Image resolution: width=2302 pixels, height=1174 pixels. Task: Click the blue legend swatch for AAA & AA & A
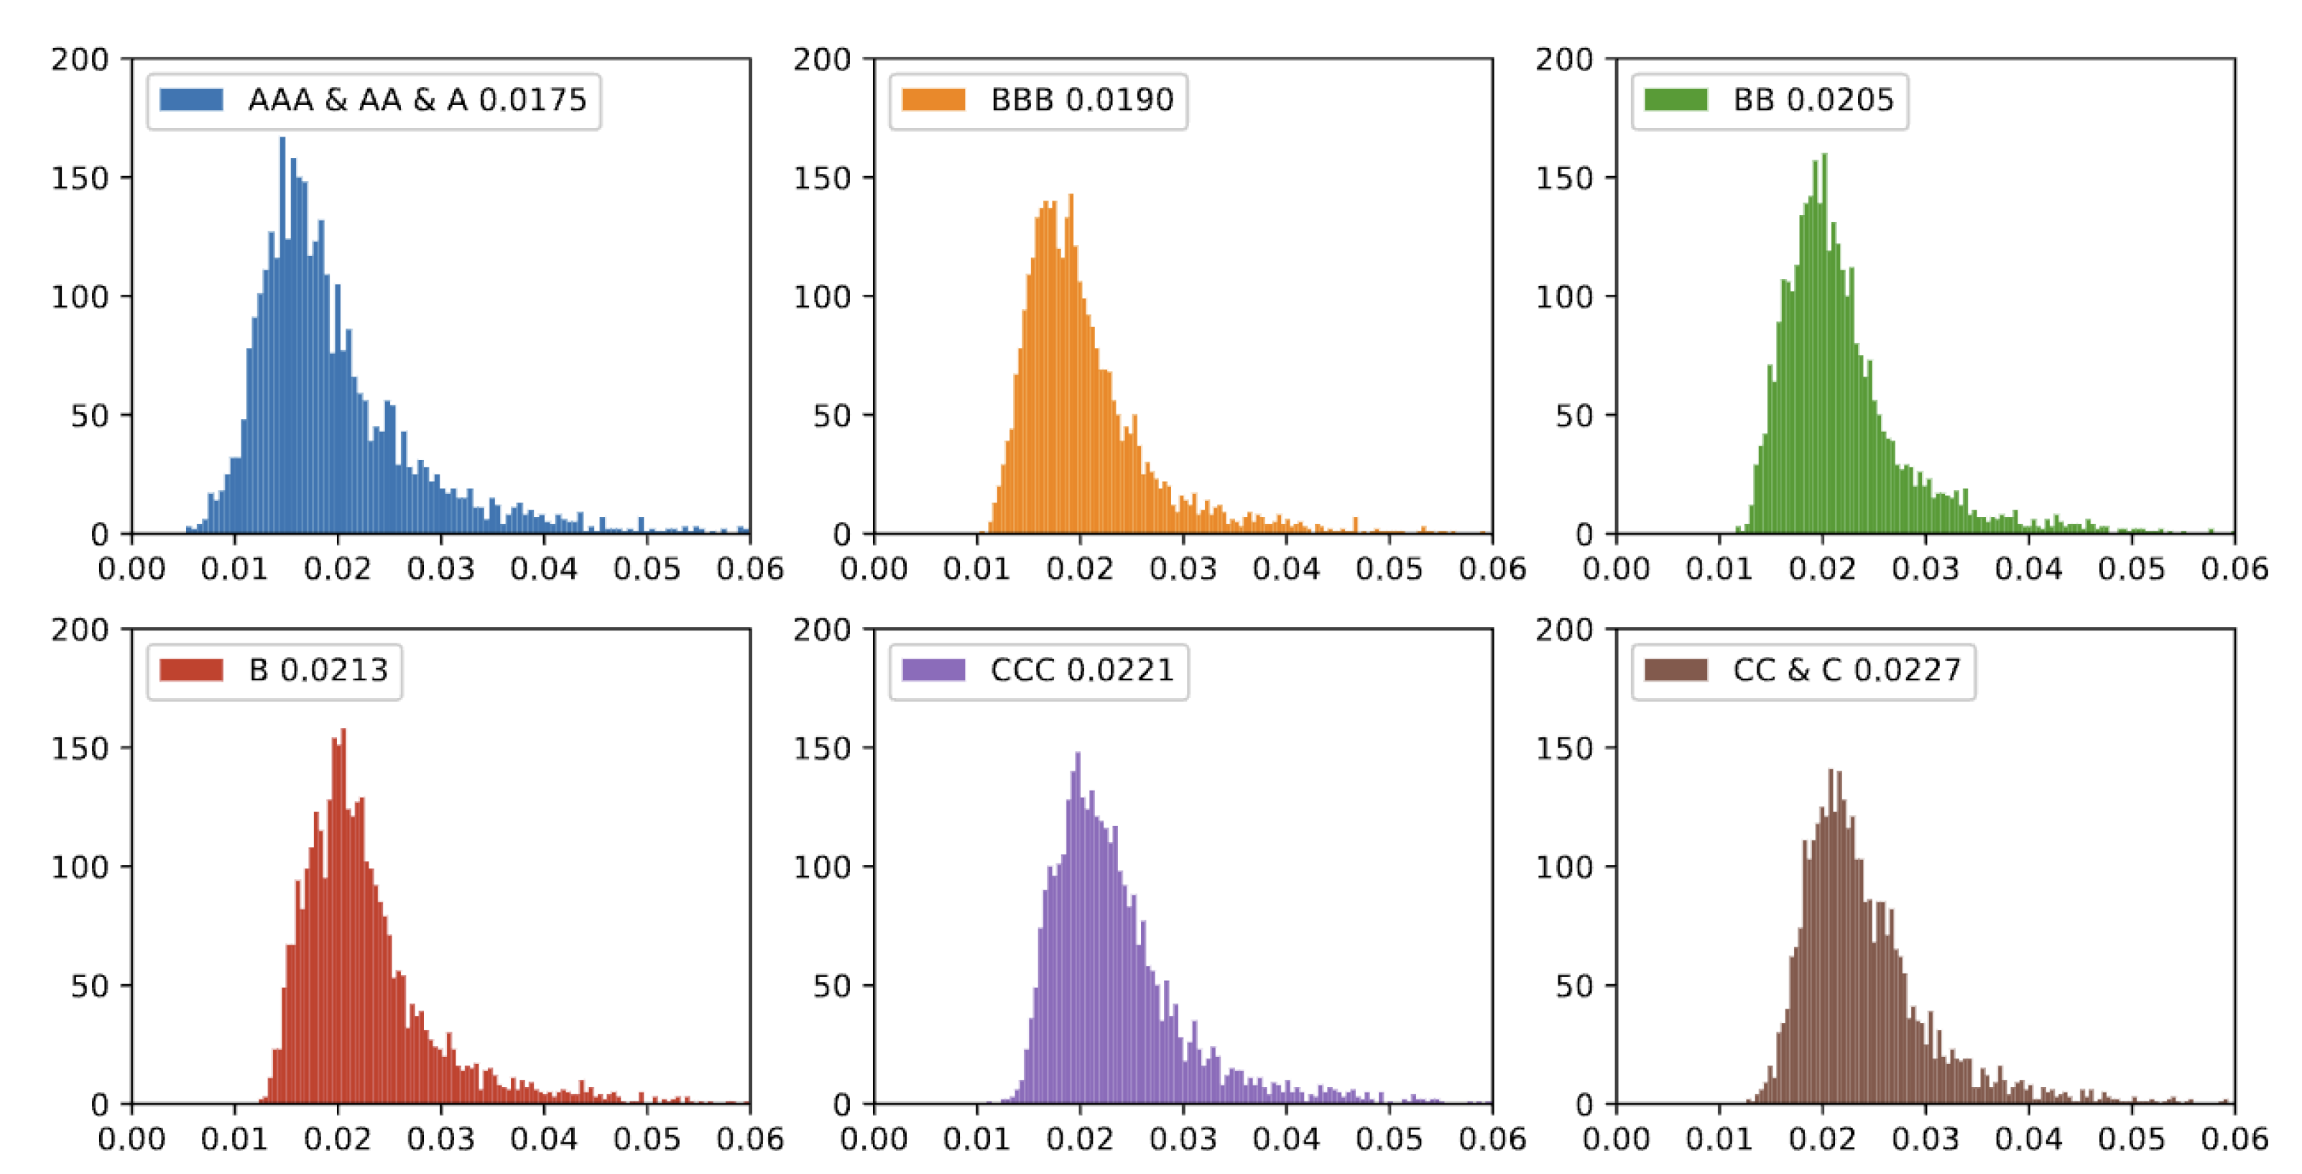191,99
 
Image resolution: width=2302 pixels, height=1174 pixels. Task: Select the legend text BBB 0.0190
1081,99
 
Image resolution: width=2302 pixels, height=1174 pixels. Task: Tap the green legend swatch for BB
1675,99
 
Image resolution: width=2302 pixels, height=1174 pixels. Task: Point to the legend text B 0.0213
318,670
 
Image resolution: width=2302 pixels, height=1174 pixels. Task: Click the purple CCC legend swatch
933,670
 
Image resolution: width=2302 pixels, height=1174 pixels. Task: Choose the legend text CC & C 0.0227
1846,670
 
